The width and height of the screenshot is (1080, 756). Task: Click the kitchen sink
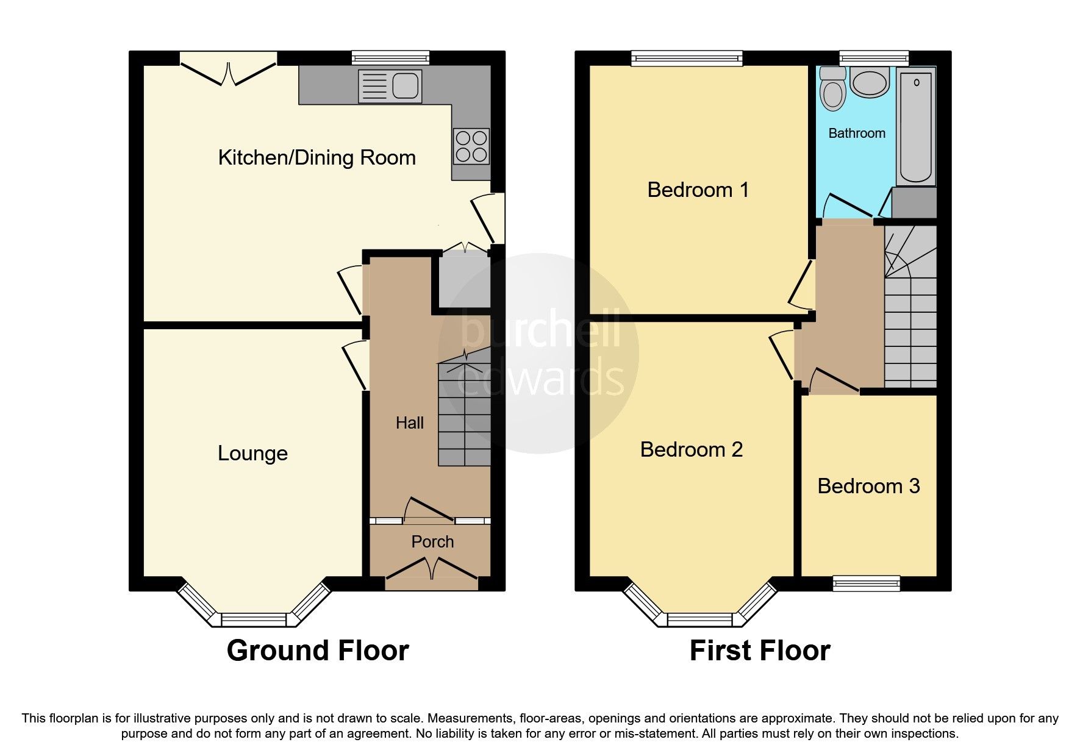(x=390, y=85)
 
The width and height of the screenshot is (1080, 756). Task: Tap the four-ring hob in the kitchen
(x=471, y=146)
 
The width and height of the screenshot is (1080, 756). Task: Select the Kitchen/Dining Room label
(x=316, y=158)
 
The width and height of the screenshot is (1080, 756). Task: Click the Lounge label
(x=252, y=454)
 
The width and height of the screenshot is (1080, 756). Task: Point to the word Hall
(x=409, y=423)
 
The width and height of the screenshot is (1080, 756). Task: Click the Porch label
(x=432, y=541)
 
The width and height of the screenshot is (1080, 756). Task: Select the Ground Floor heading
(x=317, y=651)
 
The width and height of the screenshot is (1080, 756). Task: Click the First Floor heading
(x=759, y=651)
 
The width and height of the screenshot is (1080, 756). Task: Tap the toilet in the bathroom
(x=832, y=91)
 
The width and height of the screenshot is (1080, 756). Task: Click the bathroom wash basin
(x=870, y=82)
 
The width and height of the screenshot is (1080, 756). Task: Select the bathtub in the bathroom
(x=916, y=125)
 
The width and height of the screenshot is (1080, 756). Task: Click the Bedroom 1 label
(x=698, y=190)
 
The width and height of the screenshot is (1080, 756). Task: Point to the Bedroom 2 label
(x=691, y=450)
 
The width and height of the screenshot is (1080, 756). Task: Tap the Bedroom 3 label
(x=868, y=487)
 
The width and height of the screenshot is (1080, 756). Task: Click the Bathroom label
(x=856, y=134)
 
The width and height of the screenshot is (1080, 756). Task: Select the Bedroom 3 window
(x=867, y=583)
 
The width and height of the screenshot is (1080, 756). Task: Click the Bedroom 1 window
(x=687, y=59)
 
